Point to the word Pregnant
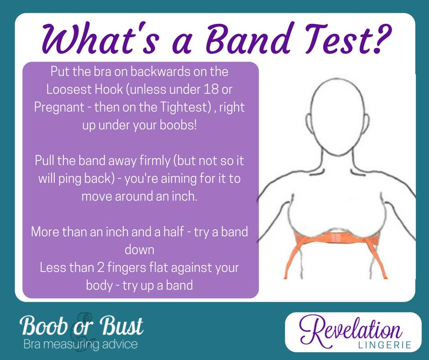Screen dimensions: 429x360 click(x=59, y=108)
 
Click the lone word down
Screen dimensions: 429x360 click(x=140, y=250)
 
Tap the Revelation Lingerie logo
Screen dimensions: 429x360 click(x=353, y=332)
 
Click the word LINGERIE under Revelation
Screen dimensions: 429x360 click(x=385, y=344)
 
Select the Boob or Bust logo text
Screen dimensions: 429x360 click(x=81, y=326)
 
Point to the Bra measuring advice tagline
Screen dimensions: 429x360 click(x=80, y=344)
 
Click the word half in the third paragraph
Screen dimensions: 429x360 click(x=173, y=232)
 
